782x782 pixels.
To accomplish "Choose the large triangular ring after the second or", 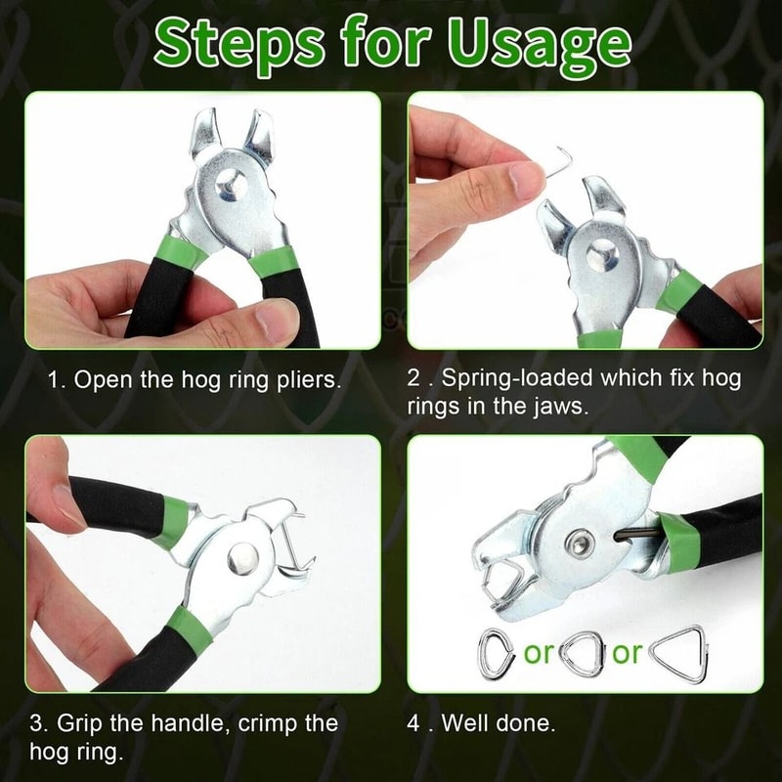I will click(679, 653).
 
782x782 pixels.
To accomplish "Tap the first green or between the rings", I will click(539, 653).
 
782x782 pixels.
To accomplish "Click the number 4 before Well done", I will click(413, 724).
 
